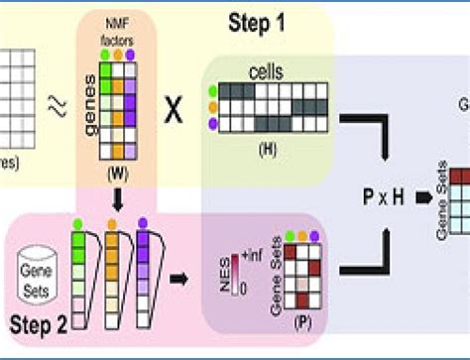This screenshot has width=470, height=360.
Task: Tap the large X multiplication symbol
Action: point(174,111)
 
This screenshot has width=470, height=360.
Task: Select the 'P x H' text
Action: point(384,194)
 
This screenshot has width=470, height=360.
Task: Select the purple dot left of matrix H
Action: point(212,122)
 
